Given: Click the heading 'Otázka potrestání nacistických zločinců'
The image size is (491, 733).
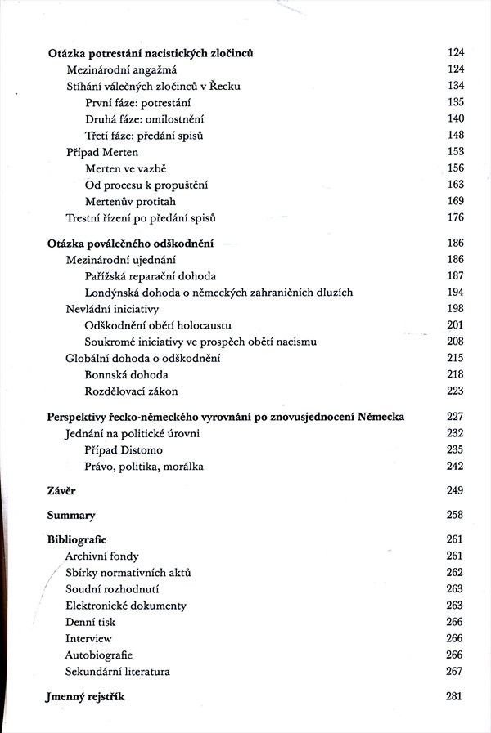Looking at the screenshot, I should tap(151, 53).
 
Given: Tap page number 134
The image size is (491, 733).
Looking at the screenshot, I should tap(455, 86).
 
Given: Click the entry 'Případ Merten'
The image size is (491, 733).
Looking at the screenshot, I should tap(102, 152).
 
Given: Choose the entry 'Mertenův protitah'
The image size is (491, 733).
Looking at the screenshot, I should tap(130, 201).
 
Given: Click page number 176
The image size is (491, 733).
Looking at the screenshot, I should tap(455, 217).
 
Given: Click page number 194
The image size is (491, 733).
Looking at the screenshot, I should tap(455, 293).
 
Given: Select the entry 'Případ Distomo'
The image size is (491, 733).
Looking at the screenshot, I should tap(124, 450).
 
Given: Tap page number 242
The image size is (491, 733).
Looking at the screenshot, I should tap(455, 467).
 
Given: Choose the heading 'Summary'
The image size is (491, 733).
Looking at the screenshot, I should tap(71, 516).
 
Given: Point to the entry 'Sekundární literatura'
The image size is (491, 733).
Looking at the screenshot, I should tap(118, 672).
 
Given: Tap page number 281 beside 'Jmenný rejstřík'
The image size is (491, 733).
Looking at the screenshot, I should tap(455, 696).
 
